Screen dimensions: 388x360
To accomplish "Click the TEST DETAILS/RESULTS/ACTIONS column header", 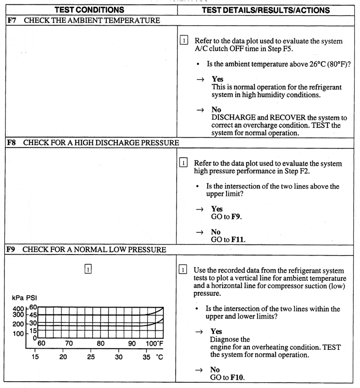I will [x=265, y=10].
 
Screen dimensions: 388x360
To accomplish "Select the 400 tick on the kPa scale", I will [x=17, y=308].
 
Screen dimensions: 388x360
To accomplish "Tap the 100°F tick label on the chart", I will [x=154, y=344].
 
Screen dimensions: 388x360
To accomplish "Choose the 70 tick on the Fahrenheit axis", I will [x=69, y=344].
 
